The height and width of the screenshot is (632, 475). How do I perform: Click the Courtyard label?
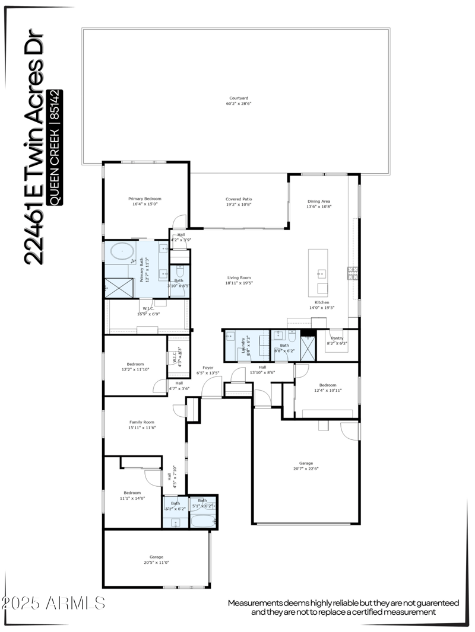(238, 98)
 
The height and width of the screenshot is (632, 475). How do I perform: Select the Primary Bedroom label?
(145, 199)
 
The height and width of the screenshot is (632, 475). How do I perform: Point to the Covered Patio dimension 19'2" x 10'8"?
(239, 205)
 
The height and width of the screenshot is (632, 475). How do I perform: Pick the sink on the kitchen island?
(322, 274)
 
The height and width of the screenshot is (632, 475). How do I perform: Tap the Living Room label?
(239, 277)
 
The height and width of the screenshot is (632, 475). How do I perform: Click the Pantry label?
(337, 338)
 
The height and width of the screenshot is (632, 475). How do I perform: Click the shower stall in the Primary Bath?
(118, 289)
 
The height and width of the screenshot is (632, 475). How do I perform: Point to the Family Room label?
(141, 422)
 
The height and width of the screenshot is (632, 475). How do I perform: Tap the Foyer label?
(207, 368)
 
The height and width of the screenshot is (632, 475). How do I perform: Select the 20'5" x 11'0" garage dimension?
(156, 562)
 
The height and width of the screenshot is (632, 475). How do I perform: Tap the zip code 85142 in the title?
(56, 106)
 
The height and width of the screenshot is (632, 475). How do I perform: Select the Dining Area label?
(318, 201)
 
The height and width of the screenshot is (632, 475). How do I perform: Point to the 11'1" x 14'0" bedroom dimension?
(132, 499)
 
